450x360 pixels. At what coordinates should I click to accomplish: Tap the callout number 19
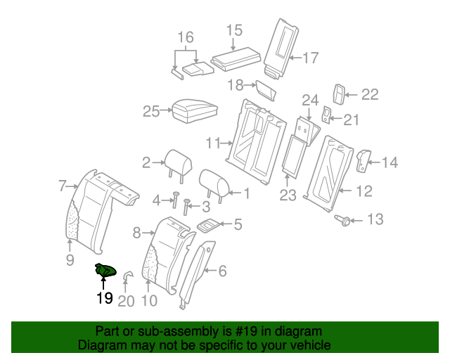coord(104,297)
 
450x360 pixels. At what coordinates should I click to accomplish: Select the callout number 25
coord(152,110)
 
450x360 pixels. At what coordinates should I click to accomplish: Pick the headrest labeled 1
coord(215,183)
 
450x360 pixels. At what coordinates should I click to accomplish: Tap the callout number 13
coord(375,220)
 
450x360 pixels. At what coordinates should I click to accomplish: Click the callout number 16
coord(185,37)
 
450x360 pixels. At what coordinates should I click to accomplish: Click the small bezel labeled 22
coord(340,94)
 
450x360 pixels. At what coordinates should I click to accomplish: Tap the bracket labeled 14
coord(364,160)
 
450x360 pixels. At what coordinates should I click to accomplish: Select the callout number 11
coord(214,143)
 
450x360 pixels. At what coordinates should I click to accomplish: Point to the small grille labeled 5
coord(209,226)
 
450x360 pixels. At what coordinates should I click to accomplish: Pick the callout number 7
coord(62,186)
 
